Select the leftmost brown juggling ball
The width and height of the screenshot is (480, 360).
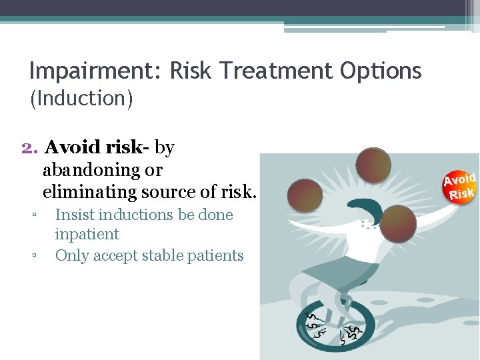click(305, 195)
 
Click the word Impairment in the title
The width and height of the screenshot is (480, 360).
click(94, 70)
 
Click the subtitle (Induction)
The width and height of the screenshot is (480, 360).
click(81, 99)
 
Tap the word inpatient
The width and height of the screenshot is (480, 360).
click(87, 234)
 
